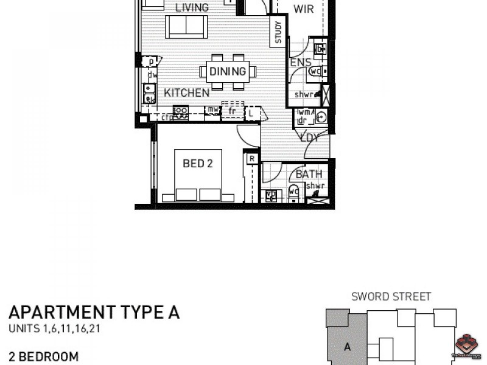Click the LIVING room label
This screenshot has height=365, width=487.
(x=191, y=8)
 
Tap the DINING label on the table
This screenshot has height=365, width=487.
(x=228, y=72)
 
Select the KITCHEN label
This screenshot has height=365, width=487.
(x=187, y=93)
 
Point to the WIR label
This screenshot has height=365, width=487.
(x=303, y=9)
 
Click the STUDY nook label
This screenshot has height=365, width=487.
(x=278, y=33)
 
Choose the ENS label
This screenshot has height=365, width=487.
(x=300, y=63)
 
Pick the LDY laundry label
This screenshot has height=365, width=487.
(x=309, y=138)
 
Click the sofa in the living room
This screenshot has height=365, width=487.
(x=187, y=26)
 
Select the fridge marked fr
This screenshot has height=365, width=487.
(x=231, y=111)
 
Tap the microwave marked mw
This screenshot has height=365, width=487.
(x=212, y=110)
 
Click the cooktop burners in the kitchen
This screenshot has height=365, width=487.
(x=181, y=111)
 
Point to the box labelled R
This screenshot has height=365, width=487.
(x=251, y=159)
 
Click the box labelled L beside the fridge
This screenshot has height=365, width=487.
(x=251, y=113)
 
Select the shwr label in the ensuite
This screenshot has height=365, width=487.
(x=304, y=95)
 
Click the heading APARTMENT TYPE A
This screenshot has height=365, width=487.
(x=94, y=313)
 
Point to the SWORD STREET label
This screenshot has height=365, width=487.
(x=391, y=297)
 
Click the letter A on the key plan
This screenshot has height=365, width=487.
(x=347, y=348)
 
